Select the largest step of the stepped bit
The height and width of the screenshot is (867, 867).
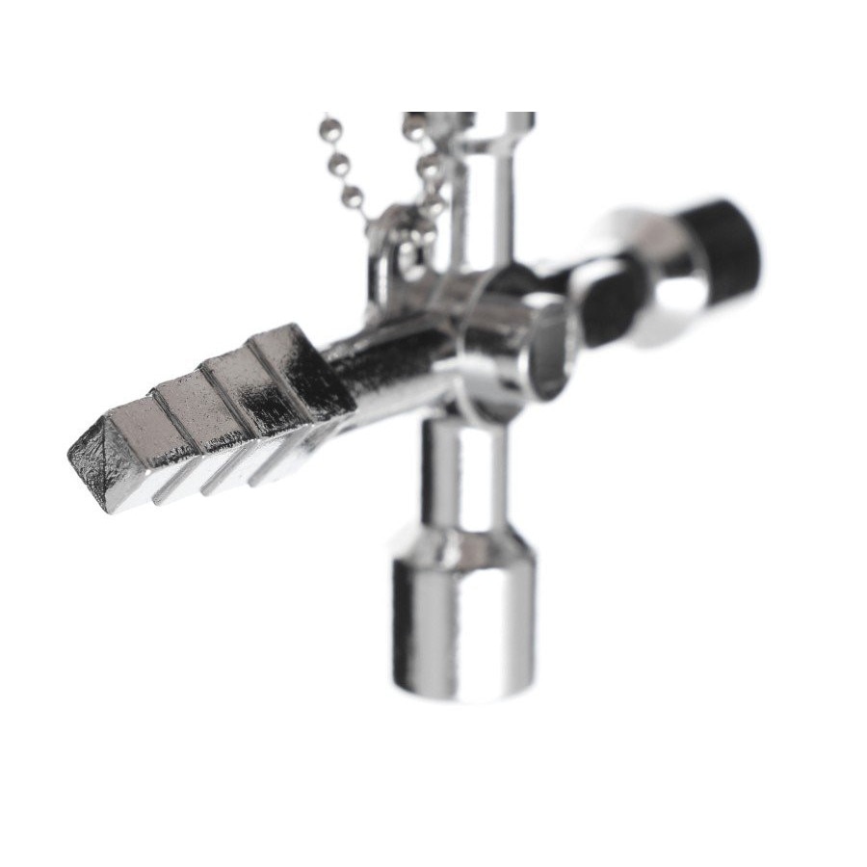point(289,371)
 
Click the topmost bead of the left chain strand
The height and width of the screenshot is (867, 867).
point(330,123)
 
